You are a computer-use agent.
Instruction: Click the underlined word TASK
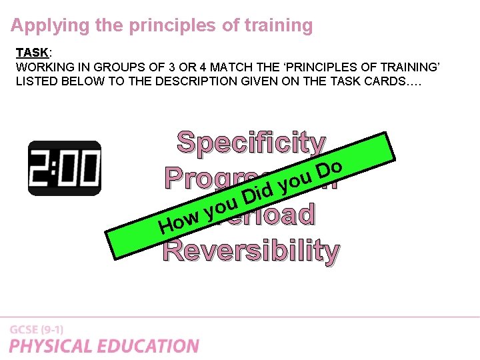[x=31, y=53]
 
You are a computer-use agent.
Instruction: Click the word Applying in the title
[x=42, y=26]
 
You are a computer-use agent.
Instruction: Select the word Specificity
[x=251, y=142]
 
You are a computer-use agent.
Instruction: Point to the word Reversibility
[x=251, y=250]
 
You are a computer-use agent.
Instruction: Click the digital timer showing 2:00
[x=64, y=168]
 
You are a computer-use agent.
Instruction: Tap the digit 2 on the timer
[x=42, y=168]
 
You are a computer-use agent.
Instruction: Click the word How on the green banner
[x=178, y=223]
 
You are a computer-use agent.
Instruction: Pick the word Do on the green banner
[x=329, y=168]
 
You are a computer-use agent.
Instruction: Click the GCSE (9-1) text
[x=37, y=330]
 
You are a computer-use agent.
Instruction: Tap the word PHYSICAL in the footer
[x=51, y=346]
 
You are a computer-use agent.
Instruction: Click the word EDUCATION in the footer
[x=148, y=346]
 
